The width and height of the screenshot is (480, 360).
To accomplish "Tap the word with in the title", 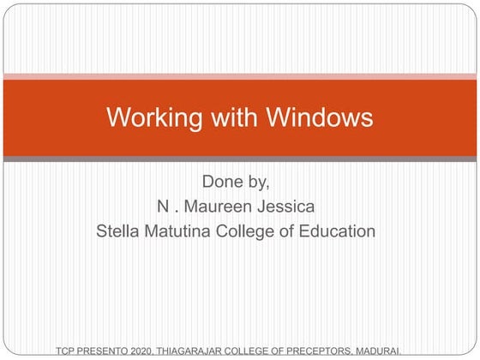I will point(219,117).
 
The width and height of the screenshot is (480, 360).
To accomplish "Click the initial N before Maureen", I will point(162,207).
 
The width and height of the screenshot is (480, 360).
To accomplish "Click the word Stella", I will point(121,231).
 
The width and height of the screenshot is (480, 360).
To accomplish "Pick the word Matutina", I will point(182,231).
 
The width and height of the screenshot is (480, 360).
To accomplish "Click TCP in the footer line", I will point(66,351).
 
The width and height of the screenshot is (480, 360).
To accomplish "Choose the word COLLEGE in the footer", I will point(259,351).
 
